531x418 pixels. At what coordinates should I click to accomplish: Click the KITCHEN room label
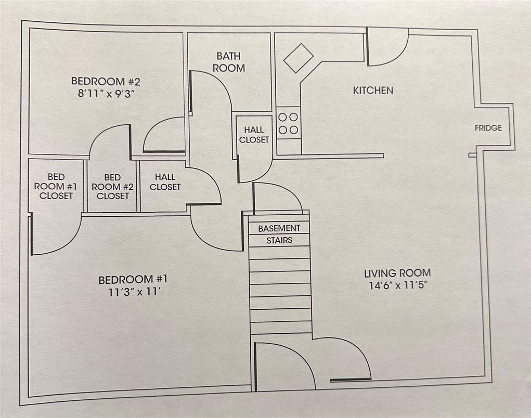click(x=373, y=90)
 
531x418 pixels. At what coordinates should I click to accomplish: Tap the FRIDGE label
click(x=488, y=128)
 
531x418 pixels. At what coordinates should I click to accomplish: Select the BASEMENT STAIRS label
click(x=279, y=234)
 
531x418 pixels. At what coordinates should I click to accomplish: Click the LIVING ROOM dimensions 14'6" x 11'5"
click(x=397, y=285)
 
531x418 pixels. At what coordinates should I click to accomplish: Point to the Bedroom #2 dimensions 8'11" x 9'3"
click(x=106, y=94)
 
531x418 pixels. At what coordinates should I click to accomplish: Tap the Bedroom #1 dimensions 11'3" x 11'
click(x=133, y=292)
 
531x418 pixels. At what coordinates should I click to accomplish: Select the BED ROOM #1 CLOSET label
click(x=56, y=187)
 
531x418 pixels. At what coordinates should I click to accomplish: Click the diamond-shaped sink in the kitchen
click(x=299, y=58)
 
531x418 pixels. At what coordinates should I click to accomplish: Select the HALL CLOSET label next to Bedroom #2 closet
click(x=165, y=182)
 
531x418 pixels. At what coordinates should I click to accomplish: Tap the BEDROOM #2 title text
click(x=106, y=81)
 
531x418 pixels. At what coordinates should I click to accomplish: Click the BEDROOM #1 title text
click(x=133, y=280)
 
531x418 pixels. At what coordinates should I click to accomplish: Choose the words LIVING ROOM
click(x=397, y=273)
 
